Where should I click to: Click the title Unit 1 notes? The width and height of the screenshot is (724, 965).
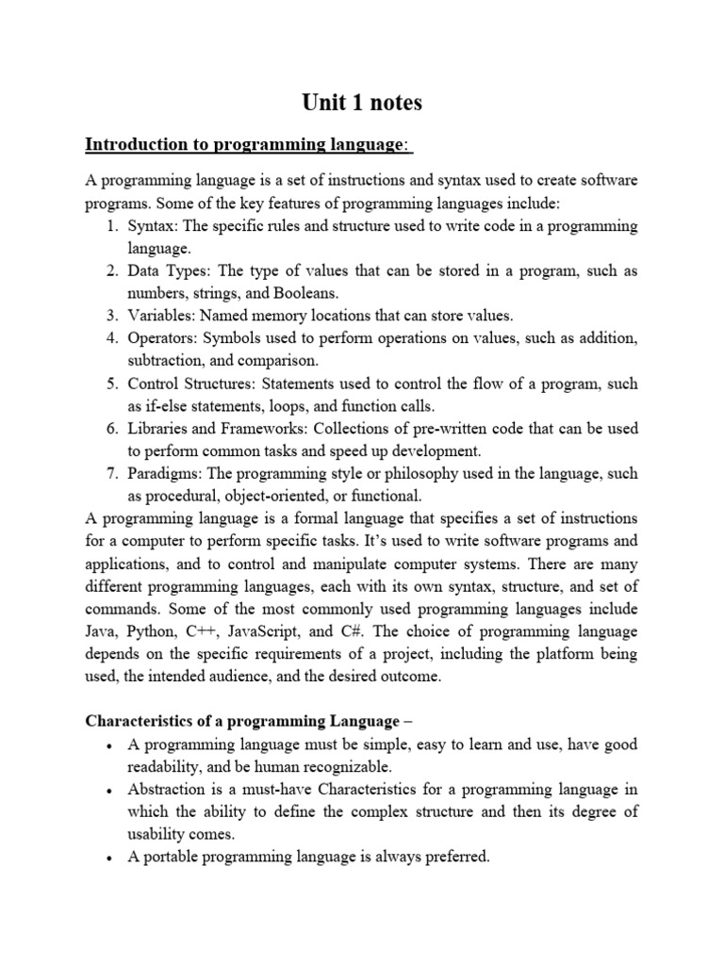[x=362, y=103]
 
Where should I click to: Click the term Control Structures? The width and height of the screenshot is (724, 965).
[x=192, y=384]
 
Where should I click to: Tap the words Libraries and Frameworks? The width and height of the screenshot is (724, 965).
[x=216, y=429]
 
